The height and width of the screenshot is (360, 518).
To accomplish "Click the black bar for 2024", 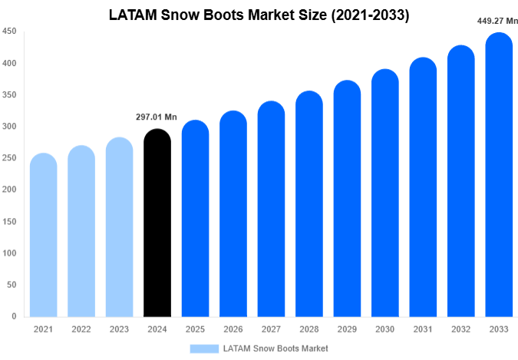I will (157, 223).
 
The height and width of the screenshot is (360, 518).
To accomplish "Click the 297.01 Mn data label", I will (156, 117).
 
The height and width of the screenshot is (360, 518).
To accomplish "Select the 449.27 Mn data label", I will (498, 21).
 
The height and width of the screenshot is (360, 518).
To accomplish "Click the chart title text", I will (259, 15).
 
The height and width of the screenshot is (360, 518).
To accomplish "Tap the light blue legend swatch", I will (203, 348).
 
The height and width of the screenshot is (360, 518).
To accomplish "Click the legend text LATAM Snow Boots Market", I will (275, 348).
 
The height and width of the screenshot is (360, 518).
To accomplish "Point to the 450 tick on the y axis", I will (10, 31).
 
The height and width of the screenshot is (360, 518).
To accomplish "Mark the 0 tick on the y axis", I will (15, 316).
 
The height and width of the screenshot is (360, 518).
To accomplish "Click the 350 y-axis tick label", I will (10, 95).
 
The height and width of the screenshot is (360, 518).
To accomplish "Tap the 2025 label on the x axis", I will (194, 329).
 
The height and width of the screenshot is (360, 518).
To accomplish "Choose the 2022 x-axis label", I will (81, 329).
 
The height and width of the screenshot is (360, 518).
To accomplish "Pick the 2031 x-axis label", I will (422, 329).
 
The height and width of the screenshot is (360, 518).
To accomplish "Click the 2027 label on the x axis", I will (270, 329).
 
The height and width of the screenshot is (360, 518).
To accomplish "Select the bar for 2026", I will (233, 214).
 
